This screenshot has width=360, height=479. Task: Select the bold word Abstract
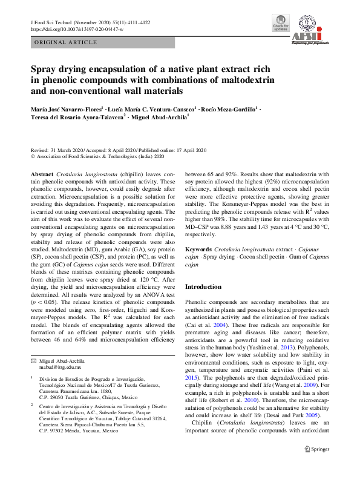coord(42,173)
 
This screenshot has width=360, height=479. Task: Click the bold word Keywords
coord(198,249)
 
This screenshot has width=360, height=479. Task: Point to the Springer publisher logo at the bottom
coord(316,466)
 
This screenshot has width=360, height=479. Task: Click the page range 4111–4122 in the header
coord(125,21)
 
